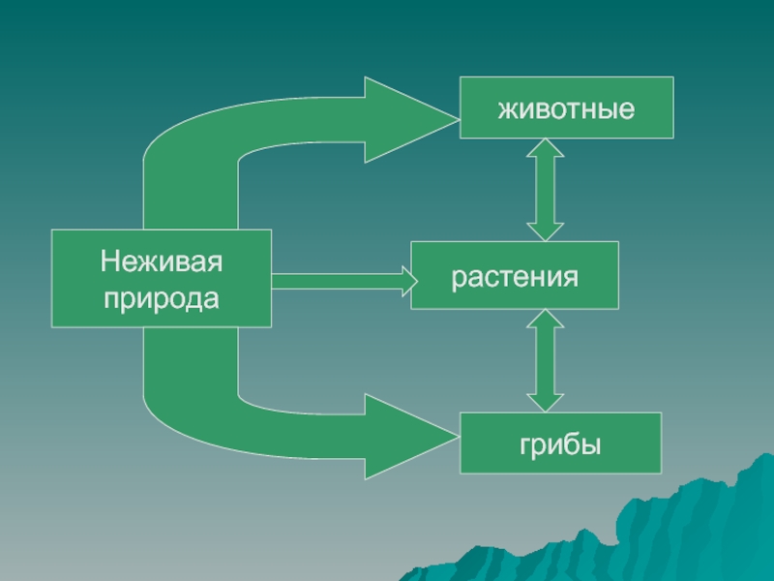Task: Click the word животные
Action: [x=566, y=107]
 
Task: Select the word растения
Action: [x=514, y=277]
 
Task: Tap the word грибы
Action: [x=560, y=444]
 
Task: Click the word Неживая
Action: [x=162, y=260]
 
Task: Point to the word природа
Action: [x=162, y=298]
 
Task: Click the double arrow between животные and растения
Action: [x=546, y=190]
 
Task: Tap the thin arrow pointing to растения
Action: [x=339, y=281]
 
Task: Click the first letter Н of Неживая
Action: [x=109, y=260]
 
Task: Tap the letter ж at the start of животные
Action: [x=506, y=108]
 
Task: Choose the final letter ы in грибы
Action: [x=593, y=444]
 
